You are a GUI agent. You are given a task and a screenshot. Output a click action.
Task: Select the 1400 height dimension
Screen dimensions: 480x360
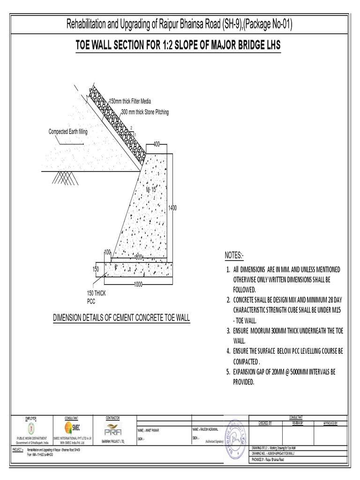point(172,208)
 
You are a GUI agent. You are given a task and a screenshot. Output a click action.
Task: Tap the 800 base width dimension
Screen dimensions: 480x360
point(139,257)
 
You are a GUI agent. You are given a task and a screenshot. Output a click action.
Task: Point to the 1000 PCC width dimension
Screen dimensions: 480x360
point(138,285)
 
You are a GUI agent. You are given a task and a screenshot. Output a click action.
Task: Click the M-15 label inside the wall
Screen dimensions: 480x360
point(150,189)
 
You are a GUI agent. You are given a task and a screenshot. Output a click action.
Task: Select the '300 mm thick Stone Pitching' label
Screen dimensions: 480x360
point(145,112)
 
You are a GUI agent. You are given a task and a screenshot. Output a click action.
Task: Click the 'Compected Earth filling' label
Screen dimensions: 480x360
point(68,132)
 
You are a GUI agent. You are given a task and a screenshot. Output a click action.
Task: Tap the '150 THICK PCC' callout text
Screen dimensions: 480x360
point(97,297)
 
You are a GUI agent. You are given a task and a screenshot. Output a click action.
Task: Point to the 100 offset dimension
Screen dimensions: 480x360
point(107,252)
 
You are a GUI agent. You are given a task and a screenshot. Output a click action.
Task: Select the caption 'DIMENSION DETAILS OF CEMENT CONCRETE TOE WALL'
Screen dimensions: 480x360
point(121,318)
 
